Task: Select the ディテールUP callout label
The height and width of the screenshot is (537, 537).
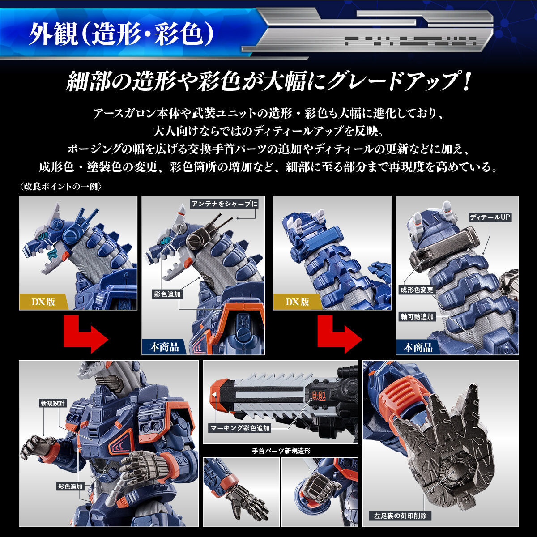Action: tap(490, 217)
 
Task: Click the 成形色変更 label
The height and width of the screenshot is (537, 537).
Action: tap(417, 290)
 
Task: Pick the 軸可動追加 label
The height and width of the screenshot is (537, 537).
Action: tap(417, 316)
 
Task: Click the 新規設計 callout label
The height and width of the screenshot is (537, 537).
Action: tap(53, 403)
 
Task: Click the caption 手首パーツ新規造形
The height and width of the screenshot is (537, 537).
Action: tap(281, 451)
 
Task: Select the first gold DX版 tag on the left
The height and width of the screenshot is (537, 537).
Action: tap(43, 301)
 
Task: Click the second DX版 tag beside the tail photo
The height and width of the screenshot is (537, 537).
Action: tap(298, 301)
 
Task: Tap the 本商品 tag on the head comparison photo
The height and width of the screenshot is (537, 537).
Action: tap(164, 347)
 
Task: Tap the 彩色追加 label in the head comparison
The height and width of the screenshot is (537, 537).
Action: tap(167, 294)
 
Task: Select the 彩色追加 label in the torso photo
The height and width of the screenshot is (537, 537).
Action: tap(70, 486)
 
